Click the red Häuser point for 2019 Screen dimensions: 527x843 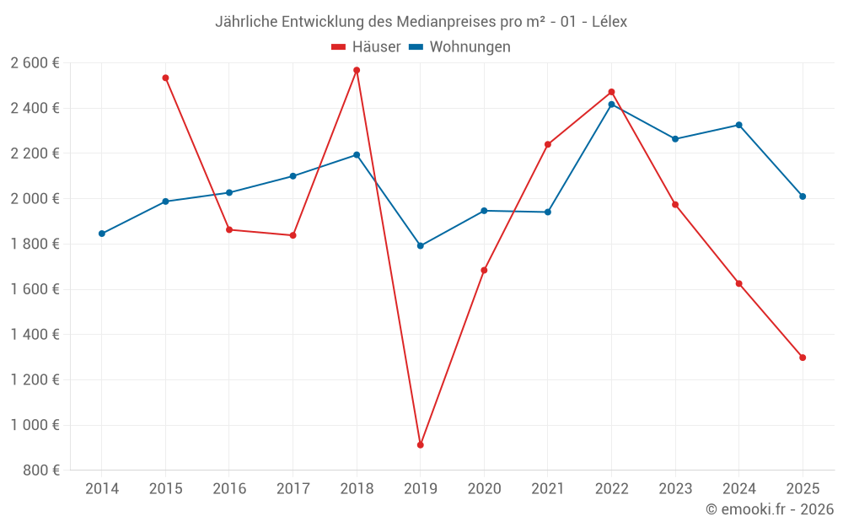pos(420,444)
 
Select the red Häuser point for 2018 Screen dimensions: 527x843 pos(357,70)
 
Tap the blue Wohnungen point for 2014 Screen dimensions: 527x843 pos(102,234)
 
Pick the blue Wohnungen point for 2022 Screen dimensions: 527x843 pos(611,105)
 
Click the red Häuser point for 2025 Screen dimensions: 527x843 pos(803,358)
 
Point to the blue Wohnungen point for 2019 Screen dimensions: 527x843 pos(420,246)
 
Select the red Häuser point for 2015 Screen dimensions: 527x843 pos(165,78)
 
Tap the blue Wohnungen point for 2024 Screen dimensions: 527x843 pos(738,125)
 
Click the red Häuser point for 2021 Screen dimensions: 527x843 pos(547,144)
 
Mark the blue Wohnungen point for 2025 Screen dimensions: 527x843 pos(803,196)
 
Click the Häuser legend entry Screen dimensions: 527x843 pos(367,47)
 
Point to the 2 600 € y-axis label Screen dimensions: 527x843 pos(35,63)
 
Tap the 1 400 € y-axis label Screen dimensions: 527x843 pos(35,335)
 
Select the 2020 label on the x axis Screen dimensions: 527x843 pos(484,489)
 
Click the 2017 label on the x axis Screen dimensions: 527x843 pos(293,489)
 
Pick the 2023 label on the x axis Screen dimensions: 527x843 pos(674,489)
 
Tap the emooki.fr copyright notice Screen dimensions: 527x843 pos(769,509)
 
